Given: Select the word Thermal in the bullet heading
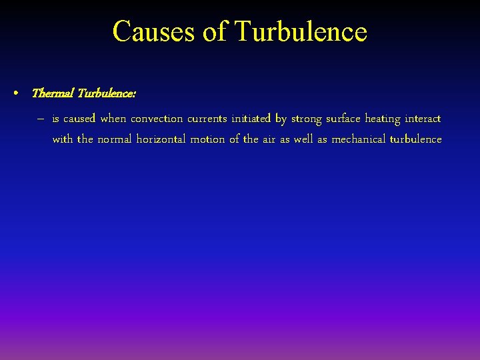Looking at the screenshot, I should coord(53,93).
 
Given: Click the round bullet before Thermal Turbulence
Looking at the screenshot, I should coord(15,93).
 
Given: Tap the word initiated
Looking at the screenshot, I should coord(251,119).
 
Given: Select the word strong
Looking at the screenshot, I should coord(306,119).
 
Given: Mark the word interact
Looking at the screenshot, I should coord(423,119).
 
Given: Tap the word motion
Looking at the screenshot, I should coord(209,139).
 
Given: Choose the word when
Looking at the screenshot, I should coord(113,119).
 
